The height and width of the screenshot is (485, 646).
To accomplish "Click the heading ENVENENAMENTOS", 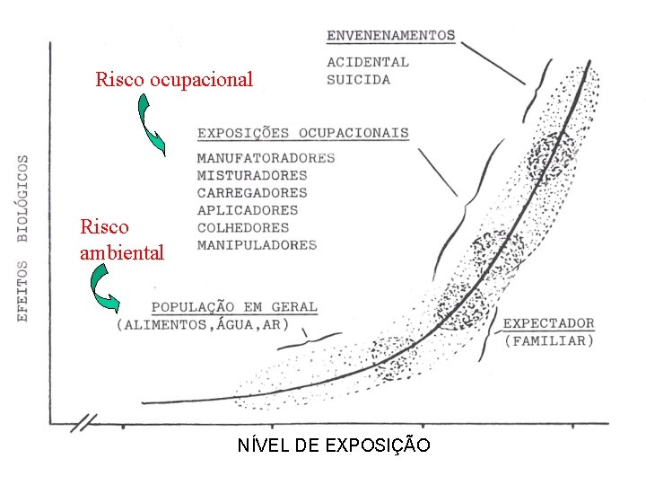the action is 390,36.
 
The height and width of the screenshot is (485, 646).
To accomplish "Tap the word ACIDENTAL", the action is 367,62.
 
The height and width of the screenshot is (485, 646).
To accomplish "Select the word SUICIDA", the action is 358,79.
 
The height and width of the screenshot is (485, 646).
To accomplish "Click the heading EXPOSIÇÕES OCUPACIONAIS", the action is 302,133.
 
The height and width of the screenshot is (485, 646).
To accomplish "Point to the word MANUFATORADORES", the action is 266,158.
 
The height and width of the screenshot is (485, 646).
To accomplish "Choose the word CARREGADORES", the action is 251,192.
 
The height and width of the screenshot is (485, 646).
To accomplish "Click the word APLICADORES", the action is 247,210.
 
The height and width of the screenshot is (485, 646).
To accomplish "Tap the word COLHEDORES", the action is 242,227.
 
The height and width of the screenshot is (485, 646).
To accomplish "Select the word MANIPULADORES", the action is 257,244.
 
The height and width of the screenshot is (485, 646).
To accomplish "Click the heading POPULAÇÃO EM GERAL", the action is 233,306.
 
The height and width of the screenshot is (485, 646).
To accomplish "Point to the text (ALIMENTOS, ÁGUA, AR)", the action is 202,324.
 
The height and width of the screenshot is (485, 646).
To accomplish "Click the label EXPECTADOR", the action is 548,323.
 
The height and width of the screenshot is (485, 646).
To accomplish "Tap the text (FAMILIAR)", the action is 548,340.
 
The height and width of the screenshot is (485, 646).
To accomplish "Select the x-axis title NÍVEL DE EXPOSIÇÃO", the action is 333,445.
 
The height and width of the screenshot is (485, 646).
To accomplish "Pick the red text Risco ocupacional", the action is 174,80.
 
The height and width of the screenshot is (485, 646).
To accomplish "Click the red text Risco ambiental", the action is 122,240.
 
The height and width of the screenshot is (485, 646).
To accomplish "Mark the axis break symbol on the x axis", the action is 88,420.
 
